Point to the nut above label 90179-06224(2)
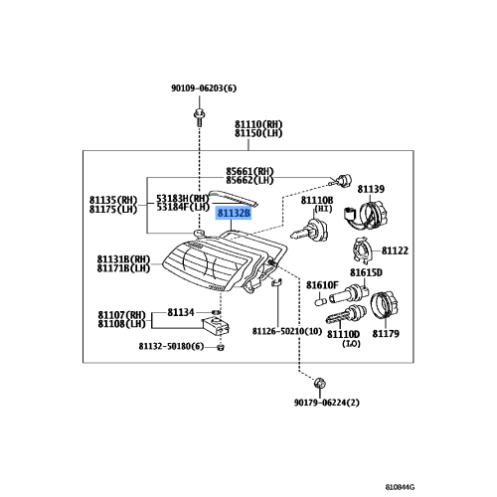click(x=318, y=383)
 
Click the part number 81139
click(x=370, y=187)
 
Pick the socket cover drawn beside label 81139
click(x=377, y=213)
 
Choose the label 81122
click(x=396, y=250)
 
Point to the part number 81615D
click(x=366, y=272)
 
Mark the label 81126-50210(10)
click(x=285, y=330)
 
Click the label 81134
click(x=181, y=312)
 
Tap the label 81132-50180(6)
click(x=171, y=346)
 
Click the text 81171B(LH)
click(x=123, y=267)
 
